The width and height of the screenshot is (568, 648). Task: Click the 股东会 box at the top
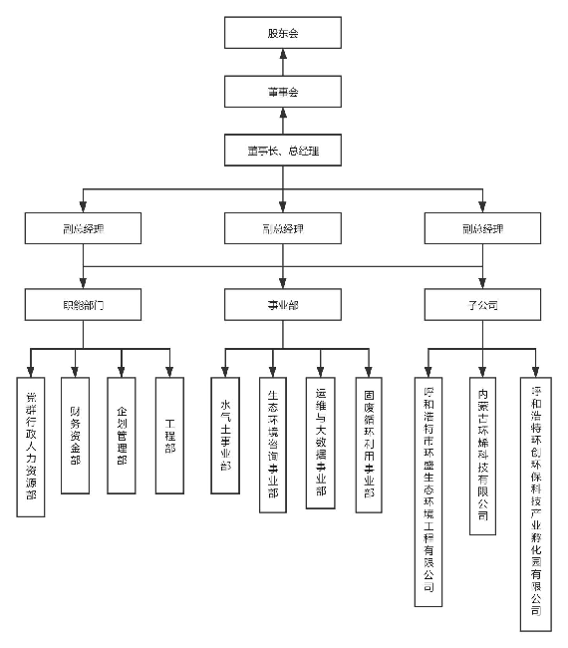coord(283,34)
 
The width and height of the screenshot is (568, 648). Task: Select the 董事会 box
coord(283,92)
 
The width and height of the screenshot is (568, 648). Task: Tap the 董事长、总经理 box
coord(283,151)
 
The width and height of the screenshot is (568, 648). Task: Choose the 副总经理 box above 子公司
coord(483,228)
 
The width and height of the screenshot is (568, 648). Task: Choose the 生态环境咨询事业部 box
coord(273,445)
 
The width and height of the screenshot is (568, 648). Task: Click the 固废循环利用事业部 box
coord(369,445)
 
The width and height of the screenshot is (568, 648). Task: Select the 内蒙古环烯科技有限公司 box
coord(483,455)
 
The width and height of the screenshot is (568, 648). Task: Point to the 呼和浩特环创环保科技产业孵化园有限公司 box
coord(536,502)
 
